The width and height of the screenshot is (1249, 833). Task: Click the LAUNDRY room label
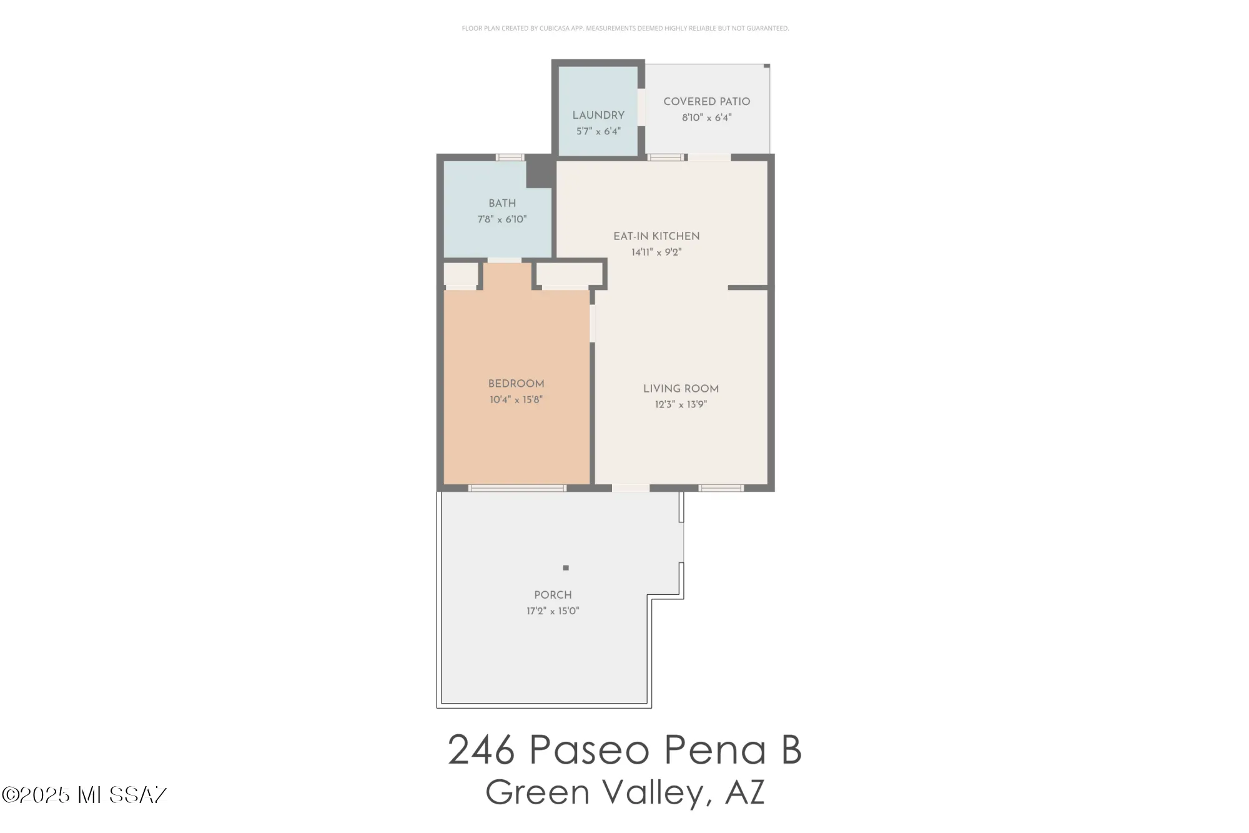[598, 116]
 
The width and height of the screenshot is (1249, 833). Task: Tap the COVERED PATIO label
[706, 102]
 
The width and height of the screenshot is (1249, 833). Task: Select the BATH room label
[502, 204]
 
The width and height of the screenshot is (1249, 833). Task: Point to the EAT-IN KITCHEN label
[656, 236]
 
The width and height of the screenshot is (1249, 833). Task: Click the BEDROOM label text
[516, 384]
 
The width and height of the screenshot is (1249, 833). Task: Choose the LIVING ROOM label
[681, 389]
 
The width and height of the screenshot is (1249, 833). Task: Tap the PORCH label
[553, 595]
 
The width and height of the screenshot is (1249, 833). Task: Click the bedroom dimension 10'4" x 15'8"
[516, 400]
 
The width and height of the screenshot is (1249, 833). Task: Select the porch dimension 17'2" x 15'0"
[553, 611]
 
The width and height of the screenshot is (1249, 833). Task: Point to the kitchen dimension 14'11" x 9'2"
[656, 252]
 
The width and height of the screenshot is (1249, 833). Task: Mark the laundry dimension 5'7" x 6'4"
[598, 131]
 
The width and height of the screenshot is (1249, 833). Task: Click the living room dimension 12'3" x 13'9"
[681, 405]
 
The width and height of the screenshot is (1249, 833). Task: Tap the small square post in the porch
[566, 568]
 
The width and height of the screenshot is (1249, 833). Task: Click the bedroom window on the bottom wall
[517, 488]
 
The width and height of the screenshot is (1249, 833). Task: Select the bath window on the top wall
[510, 157]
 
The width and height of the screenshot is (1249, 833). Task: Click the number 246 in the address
[481, 750]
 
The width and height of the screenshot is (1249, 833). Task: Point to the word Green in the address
[537, 792]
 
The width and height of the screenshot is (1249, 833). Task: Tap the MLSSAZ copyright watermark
[84, 795]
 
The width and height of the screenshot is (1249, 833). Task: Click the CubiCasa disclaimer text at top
[625, 28]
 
